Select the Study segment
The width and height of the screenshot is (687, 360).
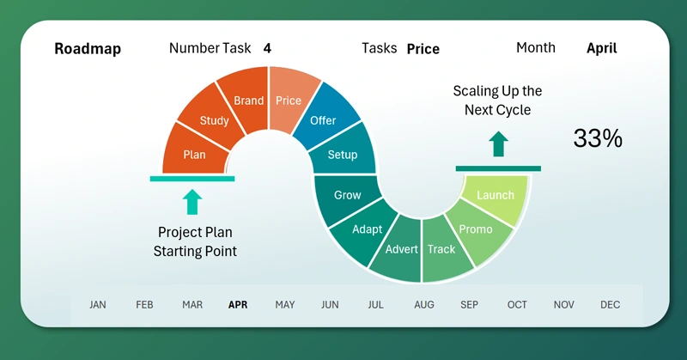click(x=214, y=120)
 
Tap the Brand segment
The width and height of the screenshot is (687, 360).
click(x=248, y=100)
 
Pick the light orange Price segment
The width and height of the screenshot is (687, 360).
click(x=289, y=100)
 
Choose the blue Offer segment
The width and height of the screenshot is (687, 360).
click(x=323, y=120)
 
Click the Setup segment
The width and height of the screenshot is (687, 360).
click(x=343, y=155)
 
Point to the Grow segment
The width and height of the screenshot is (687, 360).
click(x=347, y=195)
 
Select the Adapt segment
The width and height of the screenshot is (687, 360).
click(x=367, y=229)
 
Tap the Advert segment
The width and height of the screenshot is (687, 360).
click(x=401, y=249)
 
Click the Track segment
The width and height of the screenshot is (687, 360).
click(x=441, y=249)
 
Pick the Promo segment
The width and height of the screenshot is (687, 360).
click(x=476, y=229)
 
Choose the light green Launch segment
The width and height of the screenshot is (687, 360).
click(x=495, y=195)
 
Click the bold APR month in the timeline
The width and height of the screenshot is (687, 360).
click(x=237, y=304)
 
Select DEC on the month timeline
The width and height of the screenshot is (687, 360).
click(x=610, y=304)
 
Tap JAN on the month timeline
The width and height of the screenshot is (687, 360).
click(x=98, y=304)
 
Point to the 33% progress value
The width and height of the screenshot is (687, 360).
click(x=598, y=138)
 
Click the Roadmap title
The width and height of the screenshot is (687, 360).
click(x=88, y=49)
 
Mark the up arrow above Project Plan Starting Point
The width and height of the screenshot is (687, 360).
click(x=192, y=202)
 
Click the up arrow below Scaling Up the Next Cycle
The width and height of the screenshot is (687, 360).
click(x=498, y=143)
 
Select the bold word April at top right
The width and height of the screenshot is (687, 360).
click(x=601, y=49)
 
